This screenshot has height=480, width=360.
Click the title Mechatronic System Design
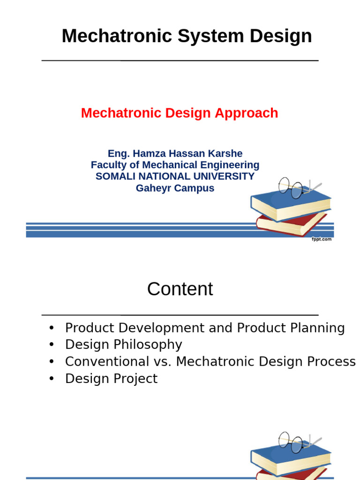187,36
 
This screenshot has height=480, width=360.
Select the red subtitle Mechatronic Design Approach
180,113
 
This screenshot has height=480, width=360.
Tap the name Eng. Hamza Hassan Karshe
175,153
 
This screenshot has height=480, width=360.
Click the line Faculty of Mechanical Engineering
175,165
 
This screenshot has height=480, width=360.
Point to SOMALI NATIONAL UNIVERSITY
175,176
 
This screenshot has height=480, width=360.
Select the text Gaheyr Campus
175,188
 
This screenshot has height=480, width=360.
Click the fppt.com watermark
322,239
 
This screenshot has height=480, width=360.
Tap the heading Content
180,289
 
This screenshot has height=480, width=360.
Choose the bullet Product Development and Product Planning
205,328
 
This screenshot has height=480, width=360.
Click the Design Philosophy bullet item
123,345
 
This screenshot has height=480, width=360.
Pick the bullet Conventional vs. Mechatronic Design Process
210,362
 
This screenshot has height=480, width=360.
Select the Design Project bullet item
111,379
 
